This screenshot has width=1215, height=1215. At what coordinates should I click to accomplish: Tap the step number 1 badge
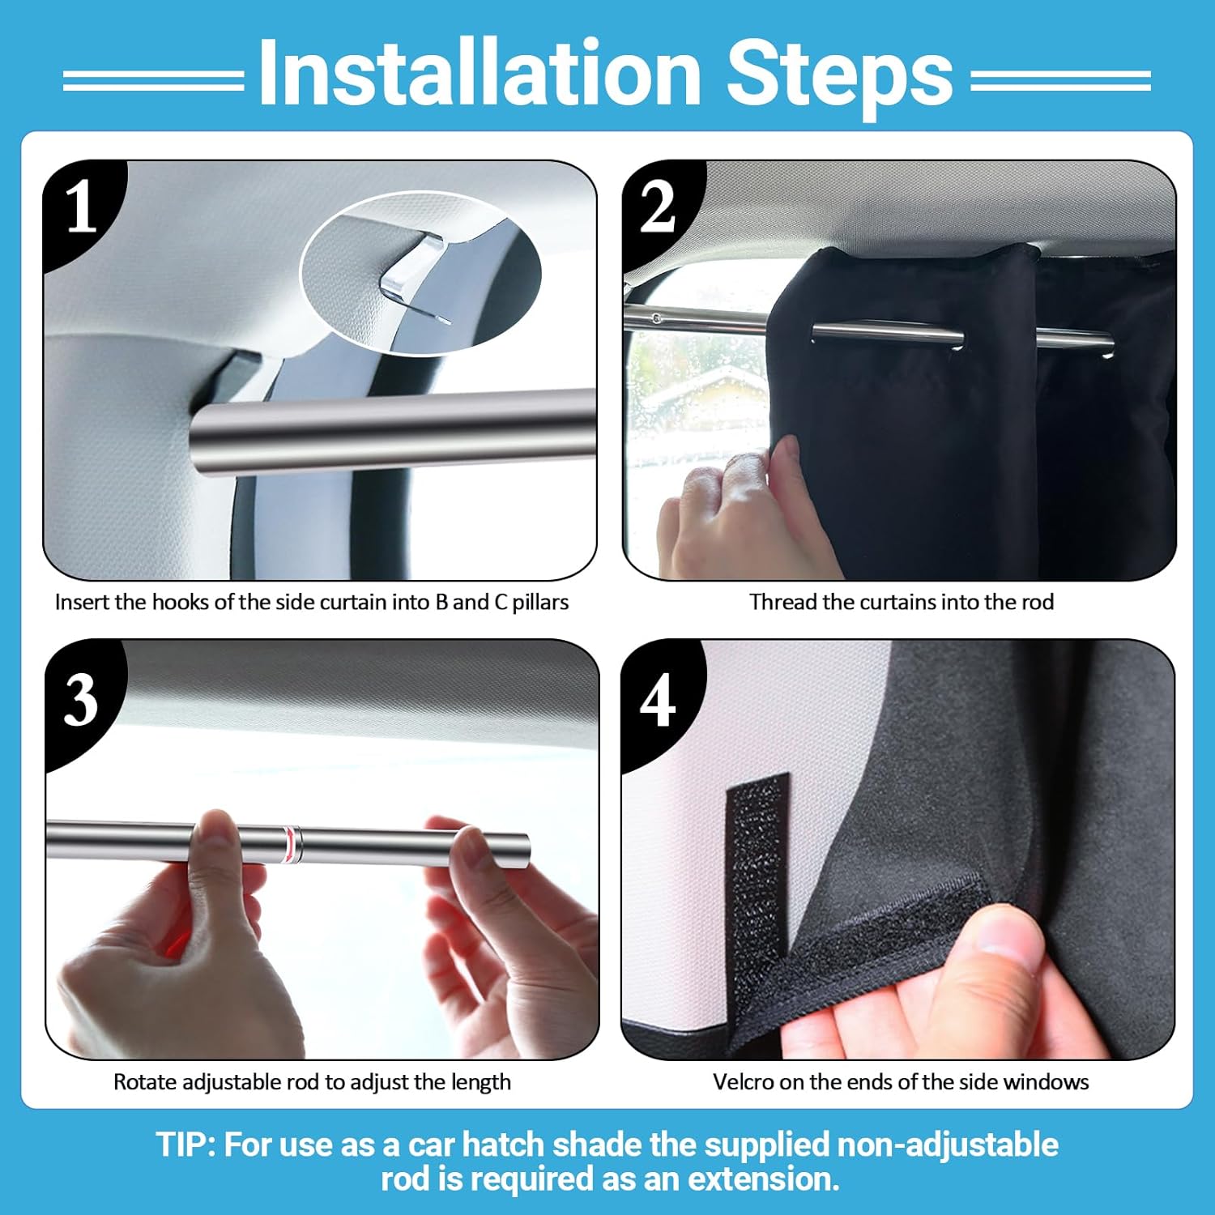point(81,207)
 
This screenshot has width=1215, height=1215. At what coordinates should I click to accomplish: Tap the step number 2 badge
point(658,207)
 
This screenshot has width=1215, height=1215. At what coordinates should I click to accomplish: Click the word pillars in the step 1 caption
point(540,603)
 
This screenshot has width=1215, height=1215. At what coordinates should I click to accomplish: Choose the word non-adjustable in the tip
point(948,1145)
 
